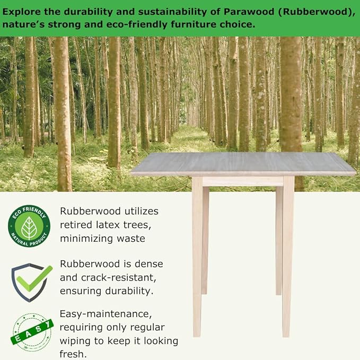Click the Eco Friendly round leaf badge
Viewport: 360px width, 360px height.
[29, 226]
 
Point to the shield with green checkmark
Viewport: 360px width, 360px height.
[31, 283]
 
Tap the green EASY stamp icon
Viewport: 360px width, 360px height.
[32, 332]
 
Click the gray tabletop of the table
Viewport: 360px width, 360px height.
[243, 163]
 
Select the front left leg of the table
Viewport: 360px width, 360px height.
[197, 256]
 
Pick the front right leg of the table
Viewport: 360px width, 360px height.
[288, 256]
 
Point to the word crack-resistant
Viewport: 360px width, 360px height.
[118, 278]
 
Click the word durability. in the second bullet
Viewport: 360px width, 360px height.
[129, 291]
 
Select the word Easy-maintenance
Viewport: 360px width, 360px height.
[106, 314]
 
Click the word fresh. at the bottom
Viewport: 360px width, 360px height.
[73, 354]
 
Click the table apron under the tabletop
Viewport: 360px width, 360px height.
[243, 181]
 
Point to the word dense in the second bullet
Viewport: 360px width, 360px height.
[149, 264]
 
